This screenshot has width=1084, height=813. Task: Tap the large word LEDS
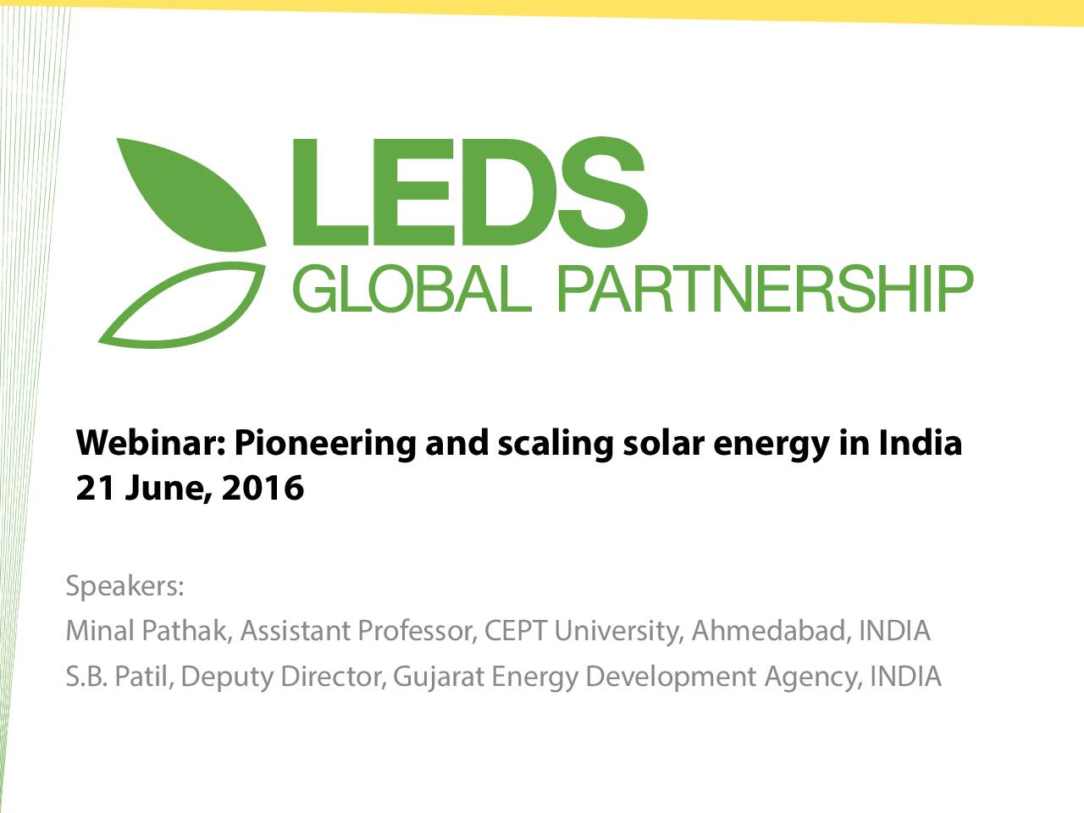[x=470, y=192]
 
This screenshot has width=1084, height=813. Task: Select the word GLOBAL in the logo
[x=412, y=288]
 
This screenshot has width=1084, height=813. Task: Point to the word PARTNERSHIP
[x=765, y=288]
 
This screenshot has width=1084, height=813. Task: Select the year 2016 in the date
[x=263, y=488]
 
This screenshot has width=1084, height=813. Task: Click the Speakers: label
[x=125, y=586]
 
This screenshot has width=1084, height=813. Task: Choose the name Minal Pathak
[x=149, y=630]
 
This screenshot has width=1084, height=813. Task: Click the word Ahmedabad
[x=772, y=630]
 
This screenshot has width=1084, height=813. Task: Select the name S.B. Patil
[x=120, y=676]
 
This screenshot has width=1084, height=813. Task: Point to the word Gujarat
[x=438, y=677]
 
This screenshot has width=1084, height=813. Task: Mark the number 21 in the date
[x=97, y=488]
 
